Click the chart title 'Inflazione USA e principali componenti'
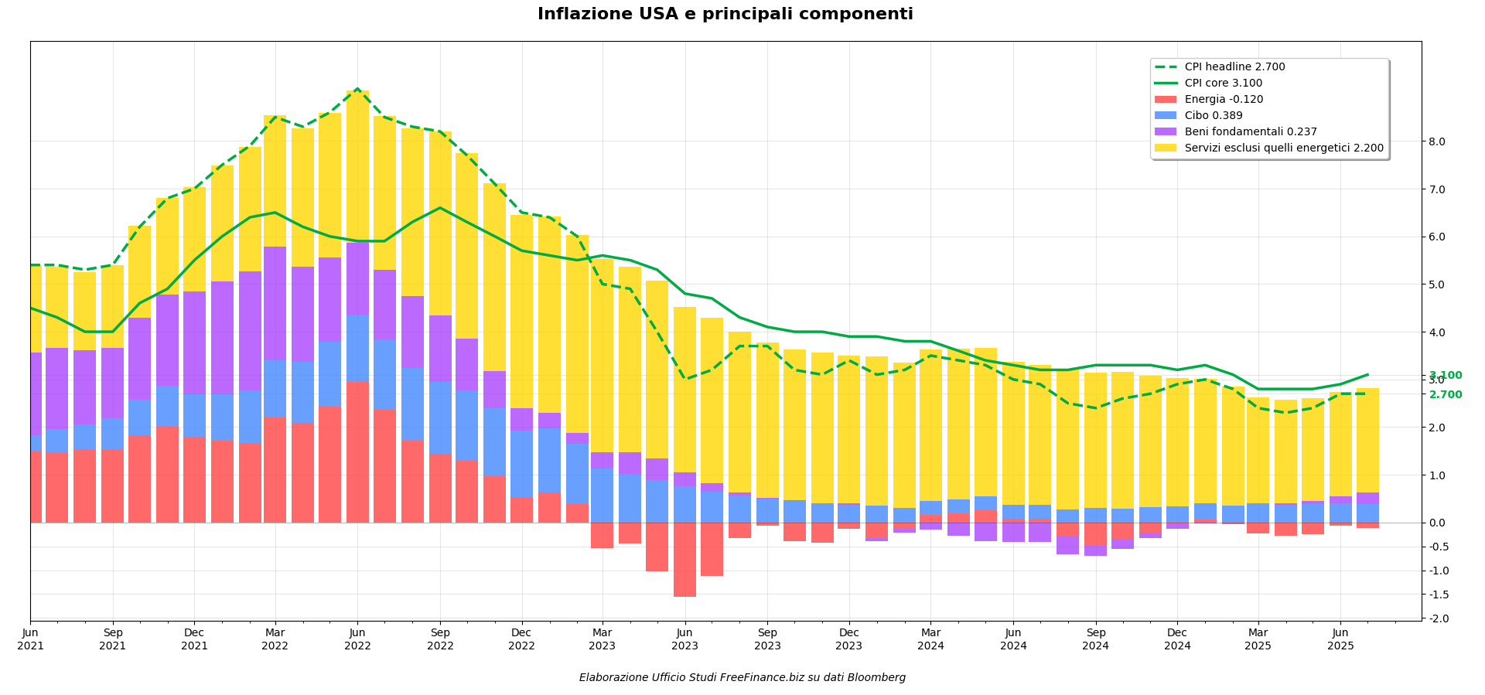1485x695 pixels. tap(725, 15)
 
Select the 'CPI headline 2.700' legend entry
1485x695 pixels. tap(1234, 67)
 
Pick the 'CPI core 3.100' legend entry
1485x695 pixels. tap(1223, 83)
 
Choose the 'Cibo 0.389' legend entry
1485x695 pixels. tap(1214, 116)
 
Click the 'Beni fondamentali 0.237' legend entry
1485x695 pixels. tap(1251, 132)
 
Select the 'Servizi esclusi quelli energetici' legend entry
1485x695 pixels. tap(1284, 148)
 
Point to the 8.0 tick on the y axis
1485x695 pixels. tap(1437, 141)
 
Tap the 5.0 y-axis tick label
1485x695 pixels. tap(1437, 284)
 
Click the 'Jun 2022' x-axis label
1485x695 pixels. tap(357, 639)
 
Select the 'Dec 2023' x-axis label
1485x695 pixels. tap(848, 639)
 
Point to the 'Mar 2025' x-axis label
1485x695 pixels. tap(1258, 639)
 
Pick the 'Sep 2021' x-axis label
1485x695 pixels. tap(112, 639)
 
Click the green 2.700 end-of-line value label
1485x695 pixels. tap(1445, 395)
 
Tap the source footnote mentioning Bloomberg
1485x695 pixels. tap(742, 678)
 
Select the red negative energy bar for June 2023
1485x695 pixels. tap(684, 560)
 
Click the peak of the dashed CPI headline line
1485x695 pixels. tap(357, 89)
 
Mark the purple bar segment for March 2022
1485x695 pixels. tap(275, 303)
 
